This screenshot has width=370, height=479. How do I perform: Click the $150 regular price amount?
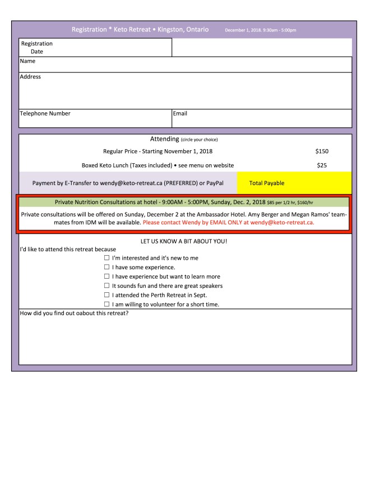pos(322,151)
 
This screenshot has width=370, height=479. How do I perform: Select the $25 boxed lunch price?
pos(322,165)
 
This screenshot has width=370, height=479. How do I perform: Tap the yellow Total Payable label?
pos(266,183)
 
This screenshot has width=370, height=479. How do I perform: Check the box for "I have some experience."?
pos(107,268)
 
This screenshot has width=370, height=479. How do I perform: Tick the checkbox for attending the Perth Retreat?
pos(107,295)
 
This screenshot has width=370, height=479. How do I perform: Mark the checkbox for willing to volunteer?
pos(107,305)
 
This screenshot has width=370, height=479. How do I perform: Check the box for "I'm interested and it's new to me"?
pos(107,258)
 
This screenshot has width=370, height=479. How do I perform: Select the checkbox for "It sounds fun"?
pos(107,286)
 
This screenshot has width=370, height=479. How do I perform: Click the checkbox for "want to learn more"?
pos(107,277)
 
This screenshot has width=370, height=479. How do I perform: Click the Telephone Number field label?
pos(45,113)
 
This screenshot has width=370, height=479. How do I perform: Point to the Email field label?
pos(180,113)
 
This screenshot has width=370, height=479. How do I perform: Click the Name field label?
pos(27,61)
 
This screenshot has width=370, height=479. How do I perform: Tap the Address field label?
pos(30,77)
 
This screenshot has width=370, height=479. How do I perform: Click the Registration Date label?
pos(36,47)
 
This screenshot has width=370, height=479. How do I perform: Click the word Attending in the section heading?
pos(164,139)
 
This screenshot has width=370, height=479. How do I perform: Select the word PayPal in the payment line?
pos(214,183)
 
